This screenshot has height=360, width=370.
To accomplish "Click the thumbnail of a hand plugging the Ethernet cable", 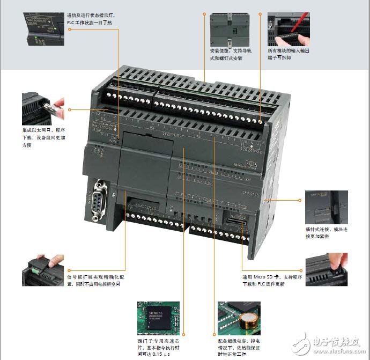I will tap(43, 109).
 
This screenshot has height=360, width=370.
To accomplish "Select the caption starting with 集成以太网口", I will tap(43, 137).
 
